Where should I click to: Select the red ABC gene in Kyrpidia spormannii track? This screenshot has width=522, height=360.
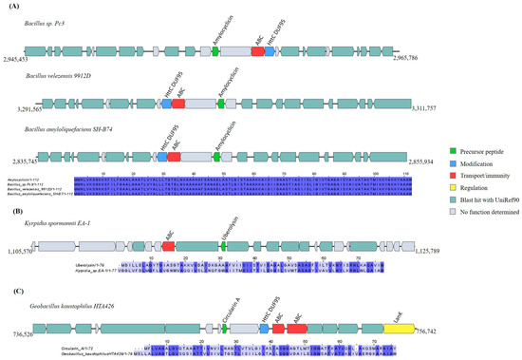pos(169,246)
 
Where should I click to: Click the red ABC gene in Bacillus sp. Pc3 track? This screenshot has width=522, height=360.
pos(257,56)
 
